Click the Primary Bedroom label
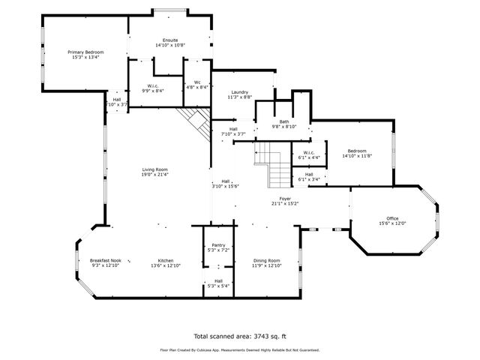(85, 52)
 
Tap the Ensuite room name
(170, 40)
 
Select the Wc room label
(196, 82)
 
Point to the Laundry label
(239, 92)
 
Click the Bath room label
(284, 121)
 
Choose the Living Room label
(154, 169)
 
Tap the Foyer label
(285, 198)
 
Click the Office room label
(392, 218)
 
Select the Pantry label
(218, 244)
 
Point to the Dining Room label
(265, 260)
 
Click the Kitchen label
(165, 260)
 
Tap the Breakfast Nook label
(105, 260)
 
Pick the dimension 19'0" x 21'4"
(154, 175)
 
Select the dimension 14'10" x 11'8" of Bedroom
(356, 156)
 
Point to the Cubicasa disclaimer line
(240, 349)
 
